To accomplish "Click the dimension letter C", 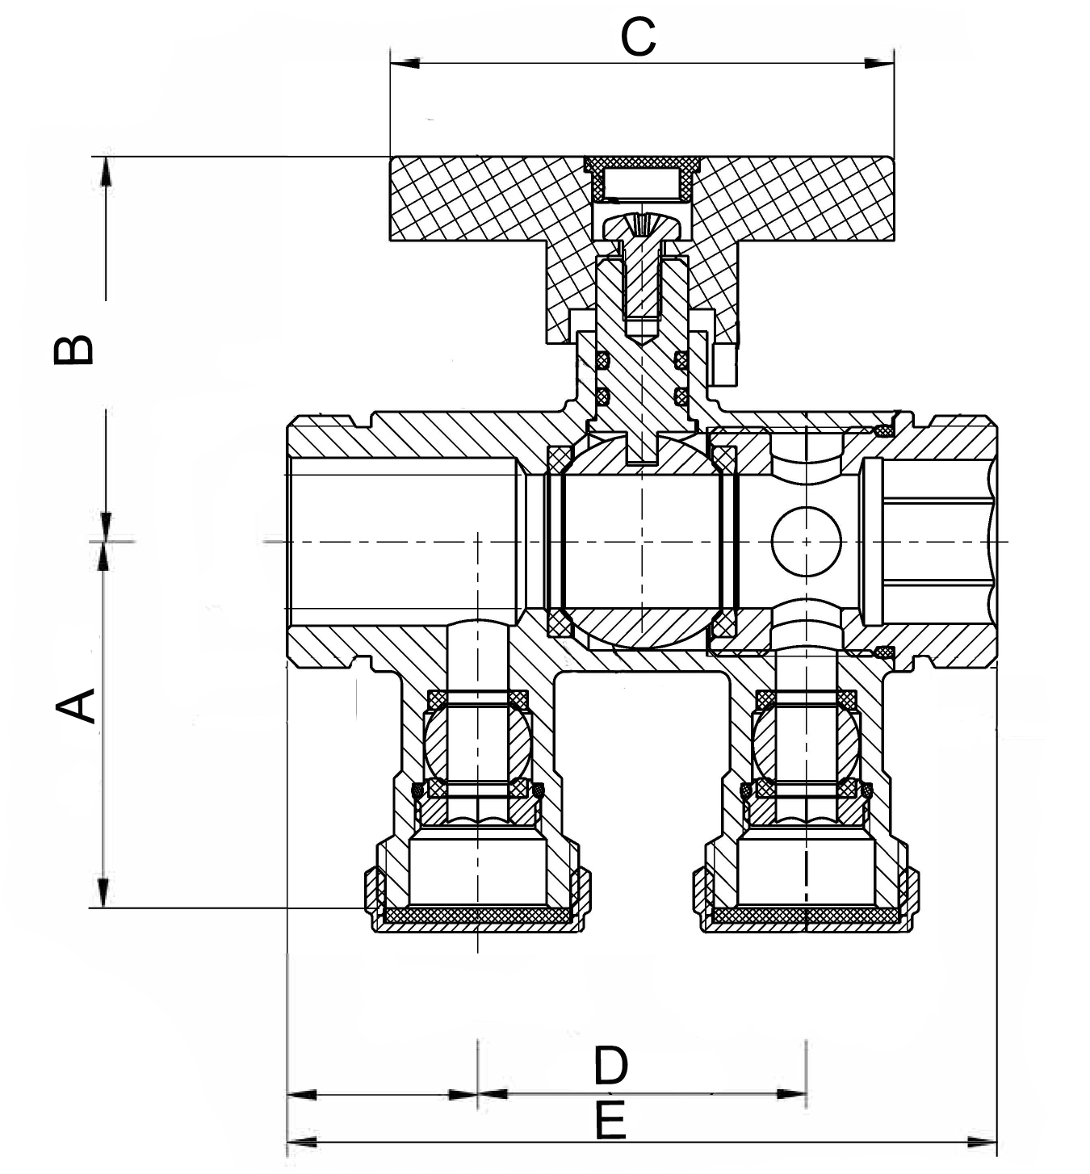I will point(638,37).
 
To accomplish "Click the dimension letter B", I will point(73,350).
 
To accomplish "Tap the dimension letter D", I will point(610,1066).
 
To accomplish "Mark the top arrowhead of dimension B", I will point(106,170).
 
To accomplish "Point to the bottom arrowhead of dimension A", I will point(103,892).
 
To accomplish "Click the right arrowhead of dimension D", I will point(791,1095).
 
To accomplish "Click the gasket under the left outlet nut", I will point(476,915).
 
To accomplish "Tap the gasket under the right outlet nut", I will point(804,915).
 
